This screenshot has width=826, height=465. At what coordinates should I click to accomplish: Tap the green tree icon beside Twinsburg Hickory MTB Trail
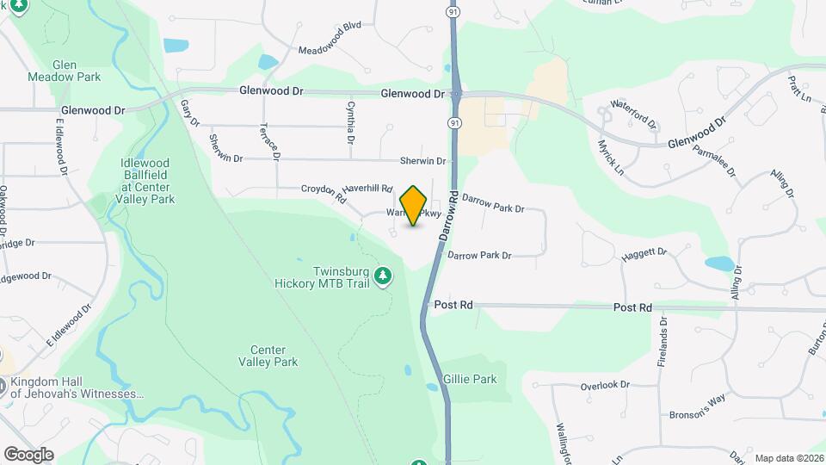click(x=384, y=276)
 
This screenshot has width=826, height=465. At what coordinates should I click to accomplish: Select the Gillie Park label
click(x=470, y=379)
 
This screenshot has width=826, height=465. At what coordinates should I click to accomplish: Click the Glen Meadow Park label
click(x=77, y=71)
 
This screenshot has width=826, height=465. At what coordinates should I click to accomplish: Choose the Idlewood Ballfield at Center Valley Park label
click(x=148, y=181)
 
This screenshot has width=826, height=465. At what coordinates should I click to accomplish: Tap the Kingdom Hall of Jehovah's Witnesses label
click(x=72, y=387)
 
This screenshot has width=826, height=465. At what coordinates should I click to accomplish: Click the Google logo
click(x=28, y=454)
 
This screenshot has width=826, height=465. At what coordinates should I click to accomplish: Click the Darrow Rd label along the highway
click(x=447, y=215)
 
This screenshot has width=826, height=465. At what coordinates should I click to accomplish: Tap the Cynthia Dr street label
click(x=351, y=121)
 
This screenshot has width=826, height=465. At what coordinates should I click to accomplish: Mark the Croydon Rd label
click(x=324, y=193)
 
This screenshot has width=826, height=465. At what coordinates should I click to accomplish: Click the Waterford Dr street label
click(x=633, y=115)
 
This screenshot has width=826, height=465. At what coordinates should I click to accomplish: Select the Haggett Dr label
click(x=644, y=255)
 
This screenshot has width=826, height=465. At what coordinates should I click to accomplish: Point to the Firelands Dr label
click(x=663, y=343)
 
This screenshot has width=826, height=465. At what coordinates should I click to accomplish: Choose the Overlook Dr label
click(x=605, y=385)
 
